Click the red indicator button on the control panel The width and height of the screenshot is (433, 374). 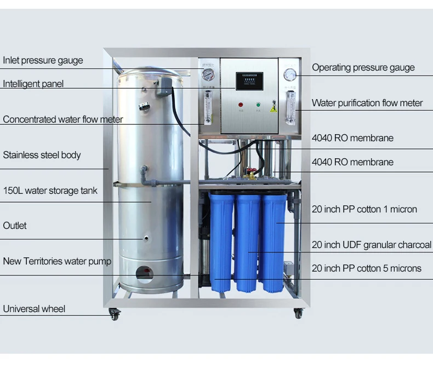240,103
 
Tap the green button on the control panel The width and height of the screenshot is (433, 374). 258,103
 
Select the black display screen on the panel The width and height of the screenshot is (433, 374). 249,82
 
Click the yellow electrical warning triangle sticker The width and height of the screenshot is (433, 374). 273,108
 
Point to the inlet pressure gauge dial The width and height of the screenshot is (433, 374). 207,74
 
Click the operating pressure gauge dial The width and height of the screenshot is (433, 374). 290,74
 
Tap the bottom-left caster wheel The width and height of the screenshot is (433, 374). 114,314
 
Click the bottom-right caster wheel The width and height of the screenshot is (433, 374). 298,313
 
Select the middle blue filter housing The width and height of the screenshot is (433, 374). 248,241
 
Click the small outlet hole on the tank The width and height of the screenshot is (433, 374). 147,238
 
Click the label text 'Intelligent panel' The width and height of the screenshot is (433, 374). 33,84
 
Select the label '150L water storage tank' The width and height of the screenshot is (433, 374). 50,191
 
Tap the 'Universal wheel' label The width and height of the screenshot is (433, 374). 34,309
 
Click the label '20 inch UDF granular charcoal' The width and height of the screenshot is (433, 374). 371,245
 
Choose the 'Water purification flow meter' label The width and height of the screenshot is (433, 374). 367,103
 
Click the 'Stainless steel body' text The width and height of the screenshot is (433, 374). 42,155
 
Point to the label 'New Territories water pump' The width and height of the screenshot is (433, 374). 57,261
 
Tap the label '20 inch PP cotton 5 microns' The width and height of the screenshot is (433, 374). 366,268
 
